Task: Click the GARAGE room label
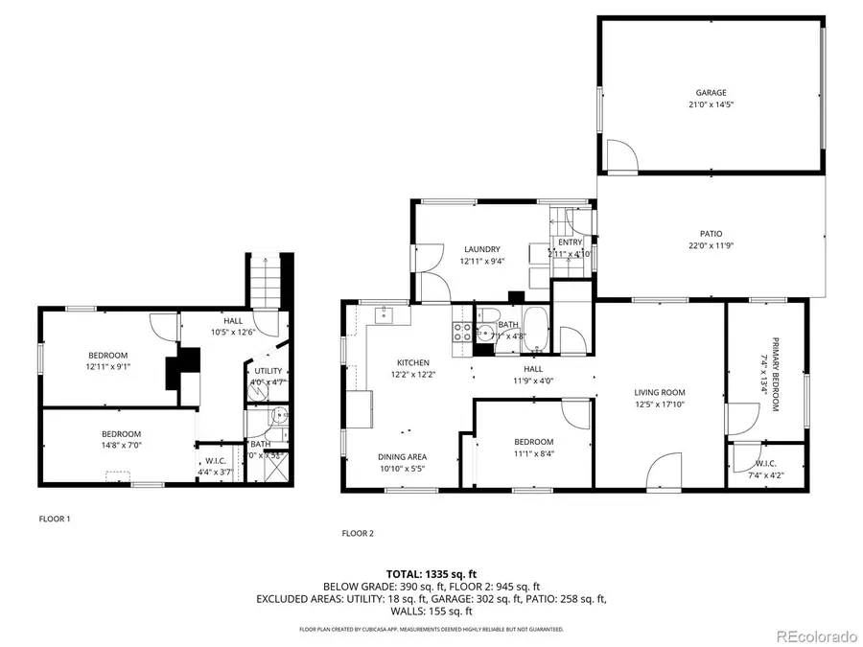click(x=711, y=93)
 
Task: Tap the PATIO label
click(x=711, y=233)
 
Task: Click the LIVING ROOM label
click(x=659, y=391)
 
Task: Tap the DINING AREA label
click(x=402, y=456)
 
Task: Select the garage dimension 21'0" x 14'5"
click(x=711, y=104)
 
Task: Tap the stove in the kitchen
click(x=461, y=332)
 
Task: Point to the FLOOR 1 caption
click(x=55, y=519)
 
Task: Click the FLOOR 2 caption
click(x=358, y=532)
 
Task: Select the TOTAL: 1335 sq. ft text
click(x=431, y=573)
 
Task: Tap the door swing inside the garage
click(x=620, y=153)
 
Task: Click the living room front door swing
click(x=665, y=474)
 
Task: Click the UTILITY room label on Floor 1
click(x=268, y=371)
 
